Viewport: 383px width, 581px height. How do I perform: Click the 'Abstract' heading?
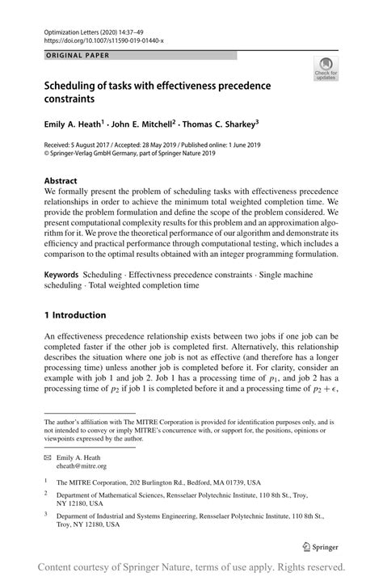coord(61,180)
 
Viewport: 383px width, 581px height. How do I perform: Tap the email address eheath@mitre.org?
coord(81,465)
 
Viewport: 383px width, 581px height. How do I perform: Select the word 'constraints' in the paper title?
coord(69,99)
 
